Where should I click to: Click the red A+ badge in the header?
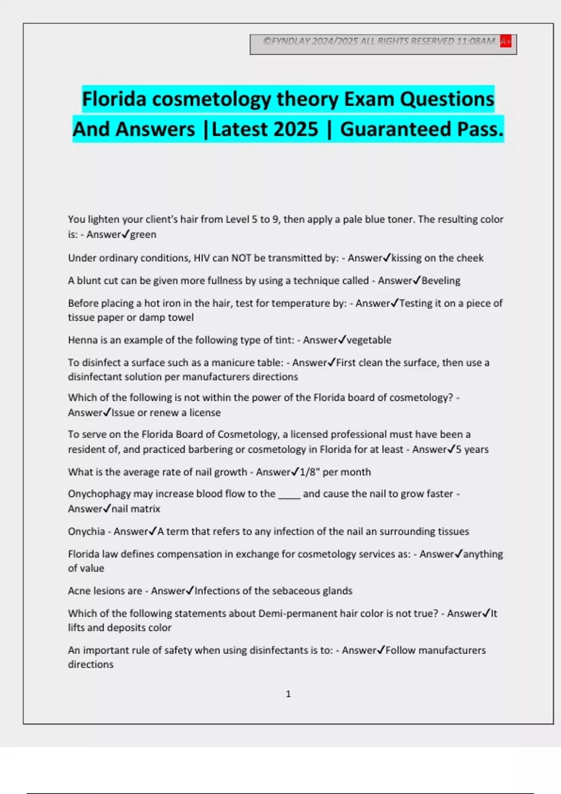click(505, 41)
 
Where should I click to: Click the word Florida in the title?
click(114, 99)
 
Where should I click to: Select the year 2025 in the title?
click(296, 129)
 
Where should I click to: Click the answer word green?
click(143, 234)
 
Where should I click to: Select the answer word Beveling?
click(441, 281)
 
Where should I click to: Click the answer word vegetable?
click(369, 340)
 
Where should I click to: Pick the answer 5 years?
click(472, 449)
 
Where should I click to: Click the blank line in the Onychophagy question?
click(289, 495)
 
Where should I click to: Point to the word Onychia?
click(86, 532)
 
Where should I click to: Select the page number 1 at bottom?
click(288, 694)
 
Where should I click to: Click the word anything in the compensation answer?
click(483, 554)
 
